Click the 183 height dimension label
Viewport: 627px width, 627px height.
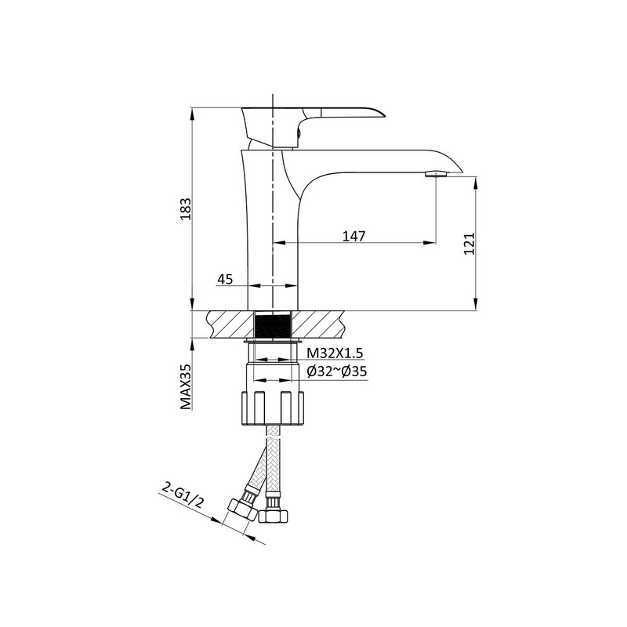click(x=186, y=208)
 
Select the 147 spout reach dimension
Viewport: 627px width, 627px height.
click(x=354, y=236)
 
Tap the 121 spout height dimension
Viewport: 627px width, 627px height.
click(x=469, y=244)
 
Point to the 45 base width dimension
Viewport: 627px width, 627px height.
click(x=226, y=279)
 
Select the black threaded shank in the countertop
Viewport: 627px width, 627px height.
click(x=274, y=325)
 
